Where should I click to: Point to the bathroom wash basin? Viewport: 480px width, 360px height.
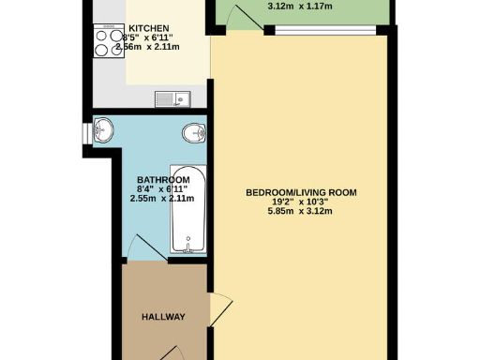(103, 130)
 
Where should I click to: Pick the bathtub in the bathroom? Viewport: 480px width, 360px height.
(186, 218)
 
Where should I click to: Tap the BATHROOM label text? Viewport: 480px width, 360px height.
(163, 180)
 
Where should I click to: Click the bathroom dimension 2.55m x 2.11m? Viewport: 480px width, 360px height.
(162, 199)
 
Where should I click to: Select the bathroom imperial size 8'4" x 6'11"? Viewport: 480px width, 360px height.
(162, 189)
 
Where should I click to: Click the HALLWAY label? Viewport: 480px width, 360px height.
(163, 317)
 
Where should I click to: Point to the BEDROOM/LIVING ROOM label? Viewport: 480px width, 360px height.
(301, 193)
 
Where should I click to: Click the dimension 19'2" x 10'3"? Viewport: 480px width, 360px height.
(301, 202)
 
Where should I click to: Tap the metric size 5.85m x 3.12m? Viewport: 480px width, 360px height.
(301, 212)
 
